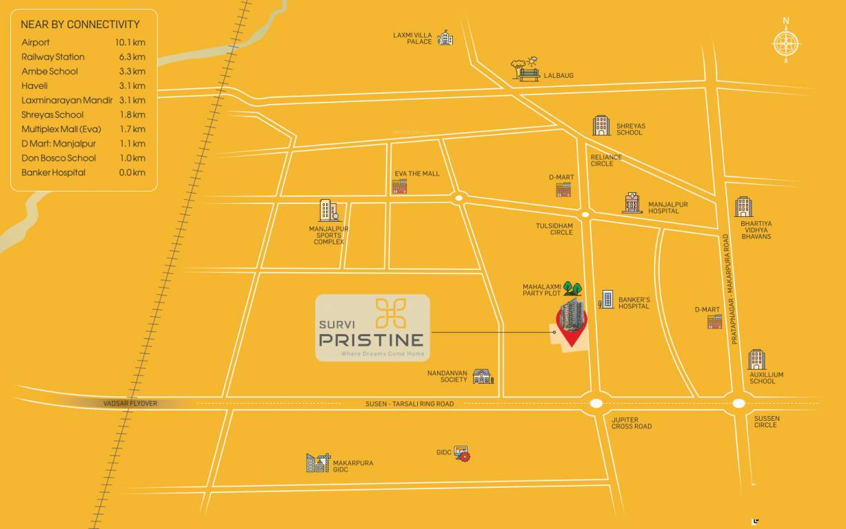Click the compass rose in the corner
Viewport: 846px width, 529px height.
coord(786,43)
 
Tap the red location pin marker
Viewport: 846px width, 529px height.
coord(572,325)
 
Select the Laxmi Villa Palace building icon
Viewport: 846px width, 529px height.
coord(445,38)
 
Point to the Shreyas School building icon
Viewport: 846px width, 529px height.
coord(601,125)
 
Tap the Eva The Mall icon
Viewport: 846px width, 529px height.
coord(399,186)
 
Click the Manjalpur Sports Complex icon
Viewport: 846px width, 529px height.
coord(328,211)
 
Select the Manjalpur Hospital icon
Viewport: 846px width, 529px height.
coord(632,203)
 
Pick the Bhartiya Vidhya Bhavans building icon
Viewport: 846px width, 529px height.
coord(743,207)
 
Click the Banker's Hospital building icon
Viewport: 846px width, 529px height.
coord(606,299)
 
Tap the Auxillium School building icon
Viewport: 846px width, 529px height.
coord(756,360)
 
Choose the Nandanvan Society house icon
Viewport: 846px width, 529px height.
coord(483,376)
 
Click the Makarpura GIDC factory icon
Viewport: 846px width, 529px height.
coord(318,463)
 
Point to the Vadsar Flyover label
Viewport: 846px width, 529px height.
coord(130,404)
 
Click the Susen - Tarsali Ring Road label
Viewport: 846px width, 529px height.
coord(410,404)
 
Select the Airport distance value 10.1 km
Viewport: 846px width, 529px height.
coord(130,43)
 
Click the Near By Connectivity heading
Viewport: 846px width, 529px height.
coord(80,25)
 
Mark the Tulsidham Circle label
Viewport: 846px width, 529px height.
coord(554,229)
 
